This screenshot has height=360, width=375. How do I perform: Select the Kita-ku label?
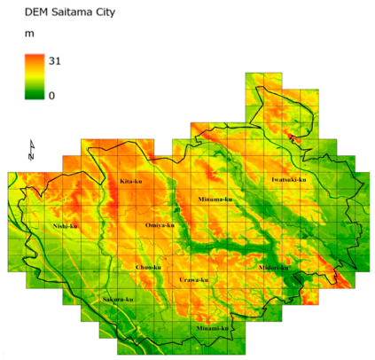(131, 182)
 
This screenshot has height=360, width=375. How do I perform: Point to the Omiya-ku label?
(159, 226)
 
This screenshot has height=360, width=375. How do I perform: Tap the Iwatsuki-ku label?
(289, 180)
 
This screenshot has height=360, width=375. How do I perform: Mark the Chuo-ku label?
(148, 267)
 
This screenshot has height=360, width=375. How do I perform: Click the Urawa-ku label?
(193, 280)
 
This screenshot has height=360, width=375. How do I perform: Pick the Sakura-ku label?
(117, 300)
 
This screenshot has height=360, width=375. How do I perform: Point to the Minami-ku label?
(213, 328)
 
